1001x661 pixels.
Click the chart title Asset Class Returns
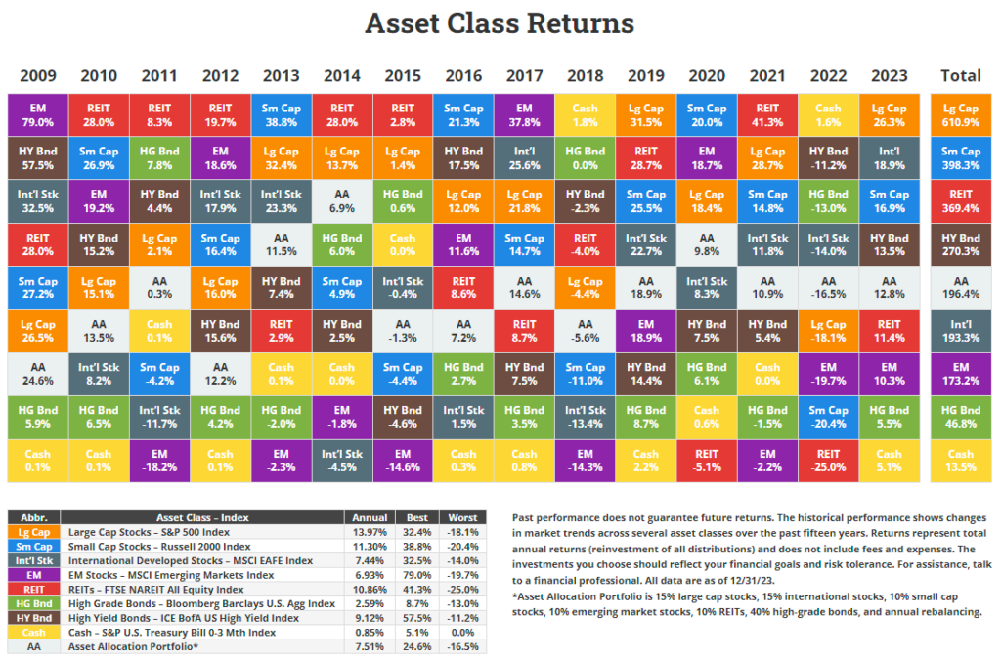500,23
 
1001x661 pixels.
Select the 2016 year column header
462,76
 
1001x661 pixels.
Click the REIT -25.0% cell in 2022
828,460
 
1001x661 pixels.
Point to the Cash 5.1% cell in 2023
889,460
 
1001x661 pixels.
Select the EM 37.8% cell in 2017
523,114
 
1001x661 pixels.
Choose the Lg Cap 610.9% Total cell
960,114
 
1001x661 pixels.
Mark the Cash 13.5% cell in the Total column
960,460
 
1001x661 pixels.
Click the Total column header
960,76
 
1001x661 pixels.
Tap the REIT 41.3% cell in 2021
767,114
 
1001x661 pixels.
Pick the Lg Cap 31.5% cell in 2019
645,114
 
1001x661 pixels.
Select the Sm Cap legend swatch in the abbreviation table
34,547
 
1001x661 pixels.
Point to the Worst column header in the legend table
461,517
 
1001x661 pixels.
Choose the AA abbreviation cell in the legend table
34,646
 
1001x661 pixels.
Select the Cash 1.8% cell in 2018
584,114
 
